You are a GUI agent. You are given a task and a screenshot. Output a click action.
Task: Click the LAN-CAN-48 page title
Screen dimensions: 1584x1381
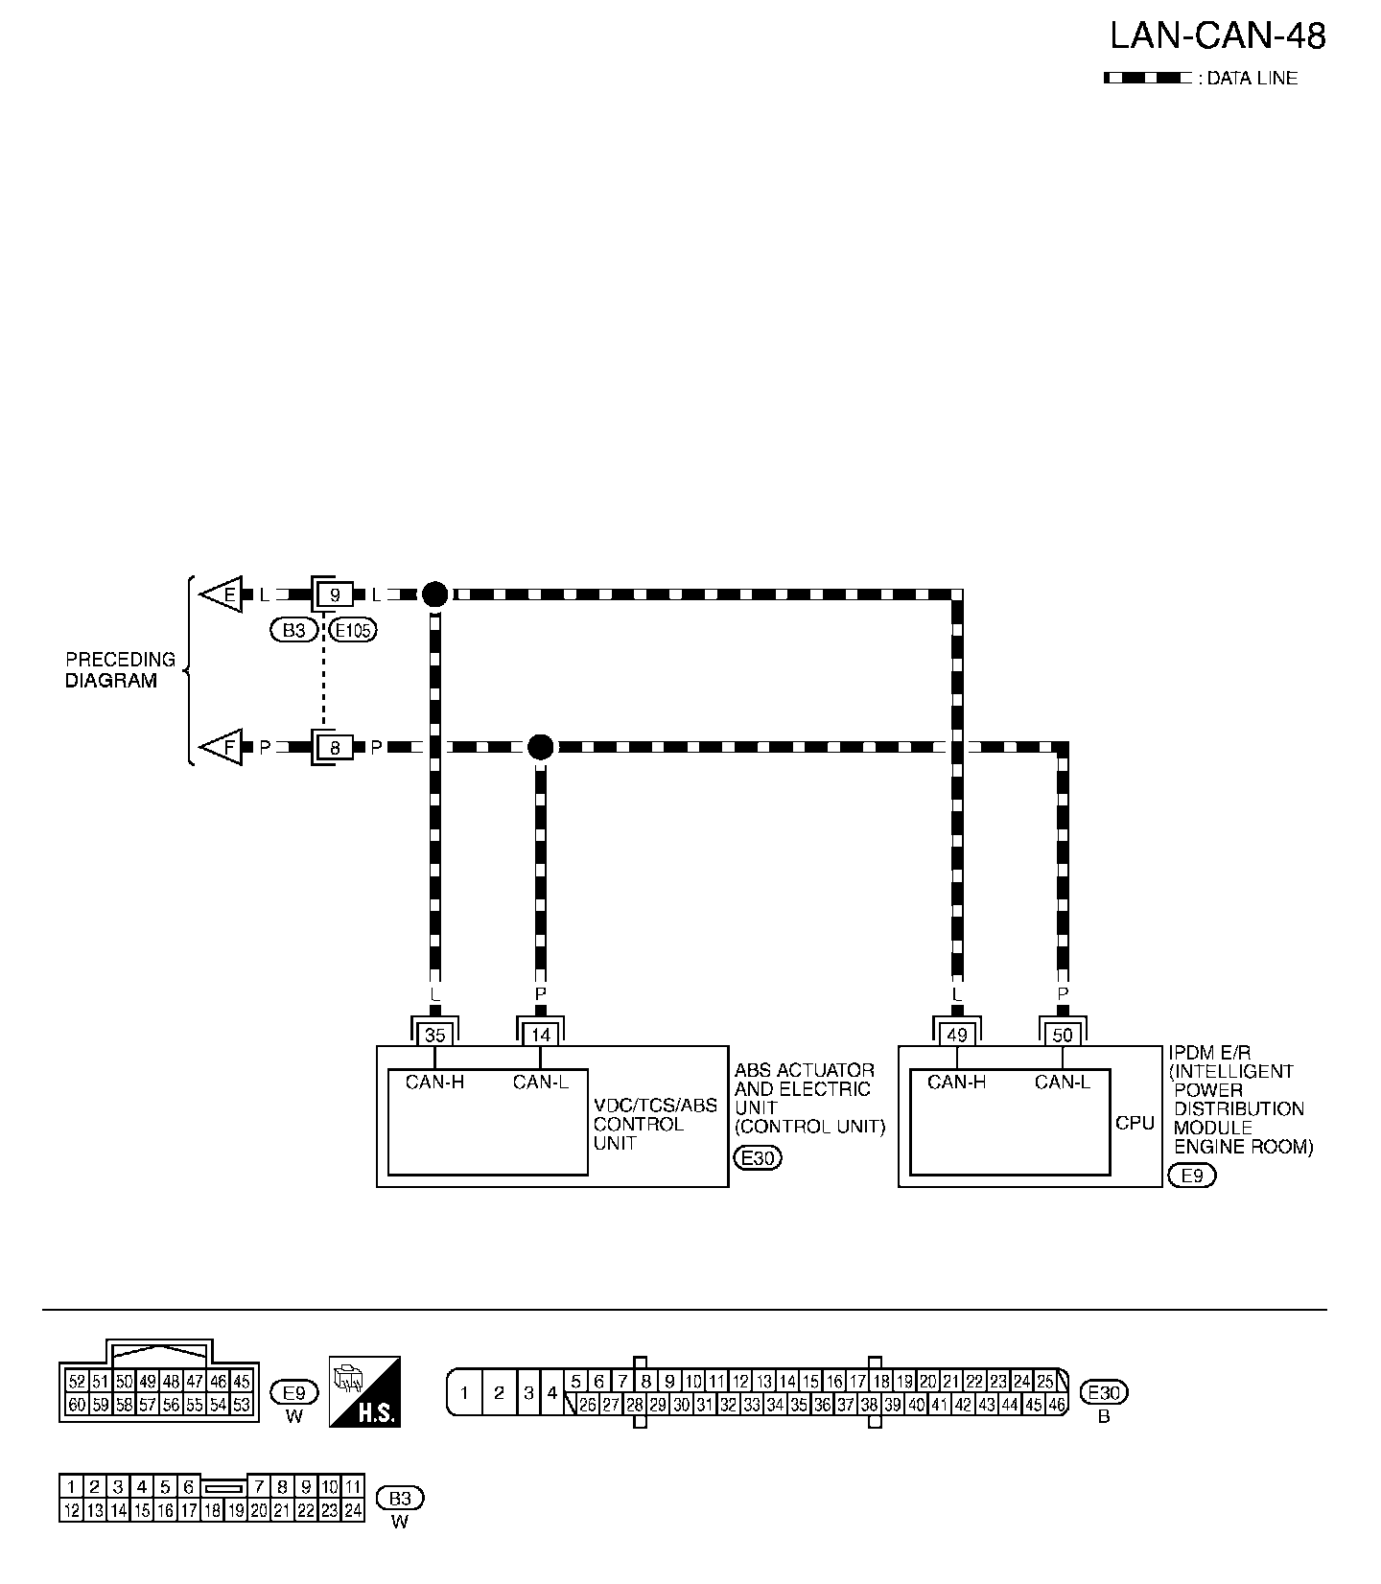point(1217,36)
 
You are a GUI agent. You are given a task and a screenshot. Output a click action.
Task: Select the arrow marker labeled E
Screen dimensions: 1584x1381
point(222,594)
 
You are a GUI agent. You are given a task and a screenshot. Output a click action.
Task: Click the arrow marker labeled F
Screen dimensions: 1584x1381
point(222,747)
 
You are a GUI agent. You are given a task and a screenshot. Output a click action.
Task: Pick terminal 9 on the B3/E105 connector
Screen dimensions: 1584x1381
point(335,594)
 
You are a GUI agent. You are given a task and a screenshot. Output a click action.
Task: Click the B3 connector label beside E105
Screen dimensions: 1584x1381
point(293,630)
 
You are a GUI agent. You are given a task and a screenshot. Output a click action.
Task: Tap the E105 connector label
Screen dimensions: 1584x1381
point(352,630)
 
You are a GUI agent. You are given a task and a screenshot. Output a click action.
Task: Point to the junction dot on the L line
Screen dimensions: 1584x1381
point(434,594)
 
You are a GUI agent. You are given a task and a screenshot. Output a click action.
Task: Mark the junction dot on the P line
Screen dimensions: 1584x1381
point(541,747)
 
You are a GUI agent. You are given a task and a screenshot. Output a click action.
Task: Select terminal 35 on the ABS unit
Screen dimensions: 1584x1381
point(434,1035)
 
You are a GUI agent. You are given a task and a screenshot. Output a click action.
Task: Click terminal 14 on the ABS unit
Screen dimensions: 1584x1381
point(541,1035)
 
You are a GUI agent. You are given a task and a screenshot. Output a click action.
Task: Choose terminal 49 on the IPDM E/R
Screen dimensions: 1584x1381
point(956,1035)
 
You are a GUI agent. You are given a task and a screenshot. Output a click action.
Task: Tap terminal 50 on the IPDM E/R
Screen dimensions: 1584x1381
point(1063,1035)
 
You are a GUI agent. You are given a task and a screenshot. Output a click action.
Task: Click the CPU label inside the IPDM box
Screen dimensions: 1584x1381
point(1135,1123)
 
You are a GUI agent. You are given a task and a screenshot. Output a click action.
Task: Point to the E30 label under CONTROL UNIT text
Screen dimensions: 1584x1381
point(758,1157)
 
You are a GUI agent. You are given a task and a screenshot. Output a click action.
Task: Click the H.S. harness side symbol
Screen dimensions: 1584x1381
point(364,1391)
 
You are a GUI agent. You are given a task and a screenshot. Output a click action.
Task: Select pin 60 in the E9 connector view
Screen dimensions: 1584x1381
point(77,1405)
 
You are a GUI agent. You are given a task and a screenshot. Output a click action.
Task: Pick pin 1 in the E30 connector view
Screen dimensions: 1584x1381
point(465,1393)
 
